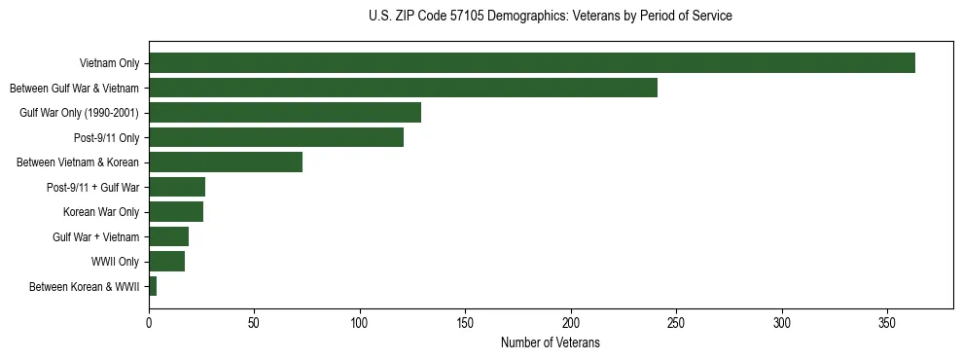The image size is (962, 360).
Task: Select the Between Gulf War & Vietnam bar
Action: [403, 88]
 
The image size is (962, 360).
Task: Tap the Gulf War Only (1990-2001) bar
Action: [285, 113]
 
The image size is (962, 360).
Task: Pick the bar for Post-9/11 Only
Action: [276, 137]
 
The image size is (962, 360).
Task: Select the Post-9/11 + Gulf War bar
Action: [177, 187]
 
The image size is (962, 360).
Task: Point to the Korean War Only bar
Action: [176, 212]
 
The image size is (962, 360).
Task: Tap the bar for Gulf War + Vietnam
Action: [168, 236]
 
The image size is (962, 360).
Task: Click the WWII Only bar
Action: [166, 262]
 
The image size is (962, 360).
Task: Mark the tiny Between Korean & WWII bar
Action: [153, 286]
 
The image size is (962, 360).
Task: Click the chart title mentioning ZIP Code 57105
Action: [551, 17]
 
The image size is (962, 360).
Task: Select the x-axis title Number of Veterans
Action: [550, 343]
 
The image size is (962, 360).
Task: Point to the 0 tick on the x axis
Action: [149, 322]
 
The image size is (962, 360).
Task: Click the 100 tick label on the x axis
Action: [360, 322]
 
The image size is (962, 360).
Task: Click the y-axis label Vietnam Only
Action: [109, 64]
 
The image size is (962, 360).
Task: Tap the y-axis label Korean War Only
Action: [101, 212]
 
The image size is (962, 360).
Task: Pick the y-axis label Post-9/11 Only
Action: [107, 138]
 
